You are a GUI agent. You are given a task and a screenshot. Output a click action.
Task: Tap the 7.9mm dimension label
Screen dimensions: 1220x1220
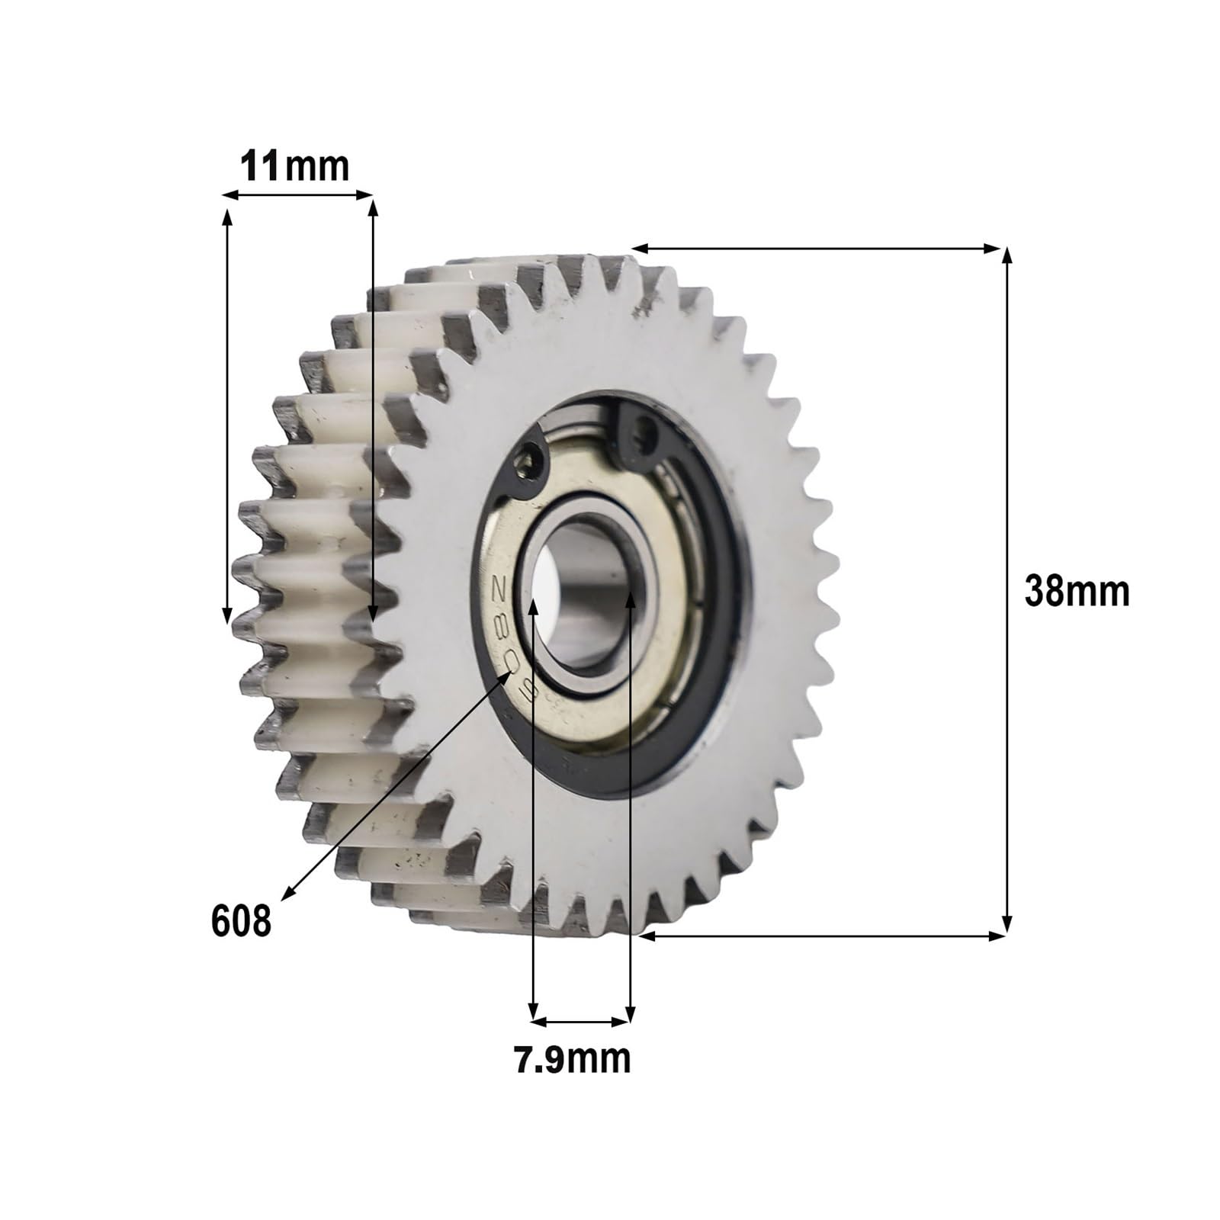click(x=573, y=1059)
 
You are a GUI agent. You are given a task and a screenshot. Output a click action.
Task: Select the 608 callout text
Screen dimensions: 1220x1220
click(x=241, y=920)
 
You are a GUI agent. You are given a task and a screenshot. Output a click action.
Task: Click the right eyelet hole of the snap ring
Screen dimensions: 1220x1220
click(x=647, y=432)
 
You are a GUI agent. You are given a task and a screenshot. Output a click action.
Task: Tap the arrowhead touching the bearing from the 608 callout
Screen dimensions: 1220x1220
click(x=505, y=677)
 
